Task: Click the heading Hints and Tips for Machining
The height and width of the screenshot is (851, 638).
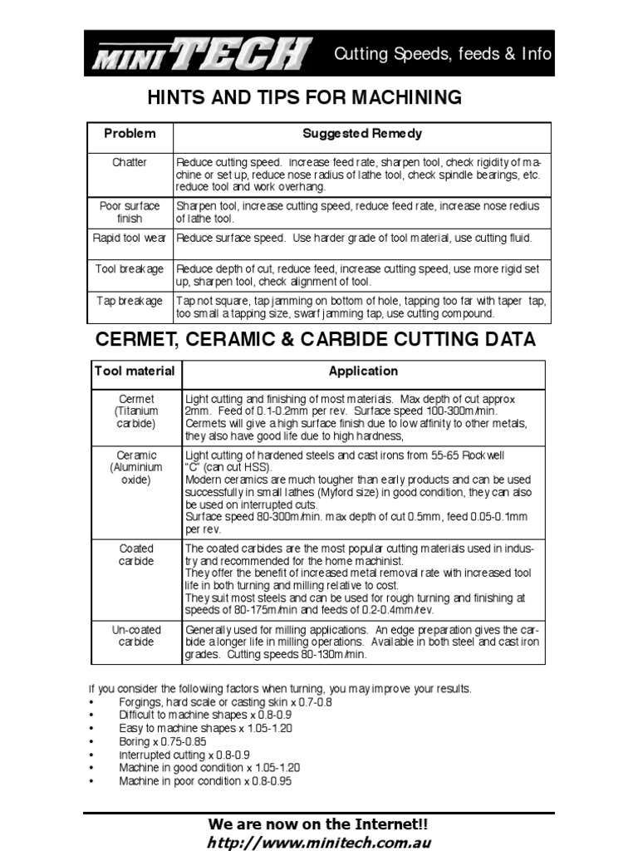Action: [304, 97]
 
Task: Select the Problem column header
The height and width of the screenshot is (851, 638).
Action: [129, 134]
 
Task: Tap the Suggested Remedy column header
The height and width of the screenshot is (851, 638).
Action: [361, 134]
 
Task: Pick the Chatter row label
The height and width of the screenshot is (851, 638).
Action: [129, 162]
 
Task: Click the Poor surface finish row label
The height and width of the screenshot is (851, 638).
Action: [129, 212]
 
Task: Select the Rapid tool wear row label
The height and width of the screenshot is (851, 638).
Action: [129, 239]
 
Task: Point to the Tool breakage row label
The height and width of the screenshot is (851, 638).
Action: [129, 269]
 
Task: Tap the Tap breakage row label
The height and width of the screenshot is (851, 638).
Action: [129, 300]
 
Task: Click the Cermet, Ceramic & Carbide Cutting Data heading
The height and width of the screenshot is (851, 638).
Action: [316, 339]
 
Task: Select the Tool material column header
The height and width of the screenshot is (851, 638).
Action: [135, 371]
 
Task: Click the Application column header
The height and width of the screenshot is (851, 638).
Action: [363, 371]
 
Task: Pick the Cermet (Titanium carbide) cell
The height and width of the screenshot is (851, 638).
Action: [137, 411]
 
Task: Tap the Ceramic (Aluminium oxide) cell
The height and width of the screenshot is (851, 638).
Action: [137, 468]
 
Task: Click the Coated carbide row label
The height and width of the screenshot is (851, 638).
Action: [137, 554]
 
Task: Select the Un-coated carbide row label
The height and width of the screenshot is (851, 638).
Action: [137, 636]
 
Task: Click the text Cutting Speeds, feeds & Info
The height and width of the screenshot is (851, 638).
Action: [442, 55]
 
